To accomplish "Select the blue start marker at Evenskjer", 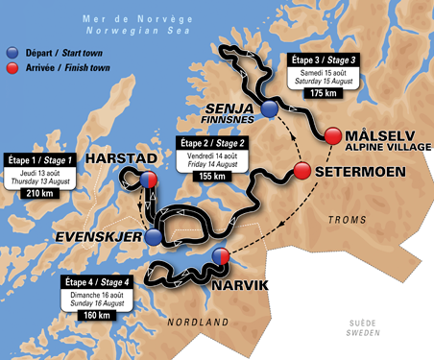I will (153, 235).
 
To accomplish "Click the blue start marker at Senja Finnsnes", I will (271, 110).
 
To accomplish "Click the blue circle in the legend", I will (12, 53).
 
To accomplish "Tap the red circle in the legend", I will (12, 69).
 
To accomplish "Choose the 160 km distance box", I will (92, 313).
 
